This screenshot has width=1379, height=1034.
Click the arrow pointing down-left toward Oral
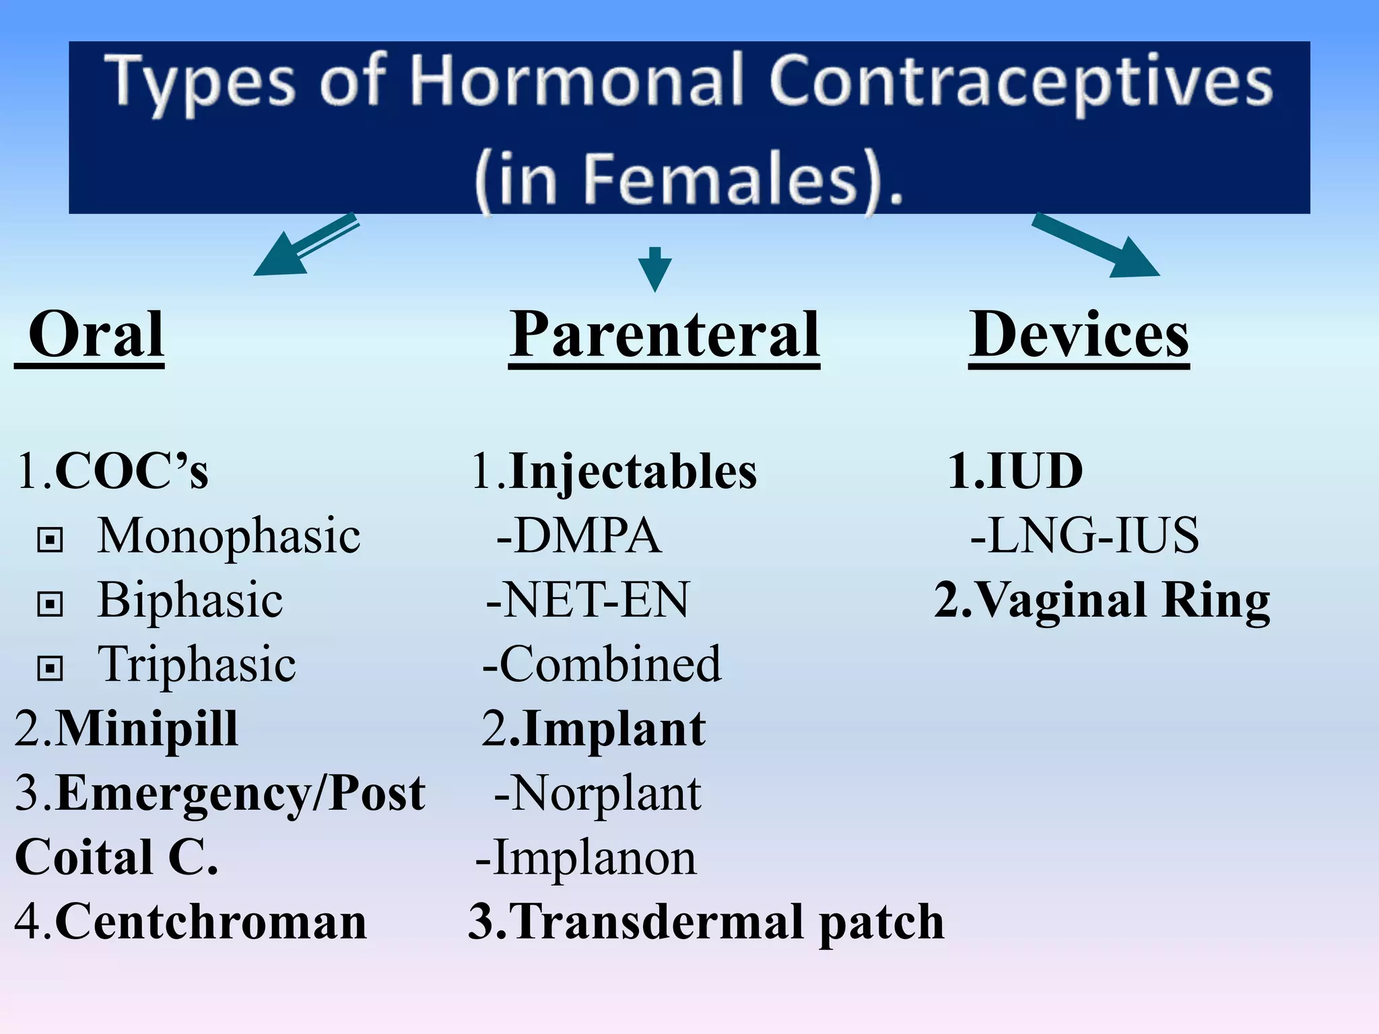[303, 246]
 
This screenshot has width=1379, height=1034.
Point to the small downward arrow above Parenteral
[654, 269]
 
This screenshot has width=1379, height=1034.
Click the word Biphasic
[190, 600]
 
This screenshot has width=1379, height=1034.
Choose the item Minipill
[145, 729]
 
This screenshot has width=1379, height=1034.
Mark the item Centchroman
[210, 922]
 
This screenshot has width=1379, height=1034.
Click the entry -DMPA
[579, 536]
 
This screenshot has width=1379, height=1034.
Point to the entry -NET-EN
[588, 600]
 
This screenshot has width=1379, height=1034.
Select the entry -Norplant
[598, 794]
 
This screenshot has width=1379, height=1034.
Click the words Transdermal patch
[727, 922]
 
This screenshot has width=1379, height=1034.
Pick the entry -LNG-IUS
[1084, 536]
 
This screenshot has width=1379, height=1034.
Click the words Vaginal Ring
[1122, 600]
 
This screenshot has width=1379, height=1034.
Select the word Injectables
[633, 471]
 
